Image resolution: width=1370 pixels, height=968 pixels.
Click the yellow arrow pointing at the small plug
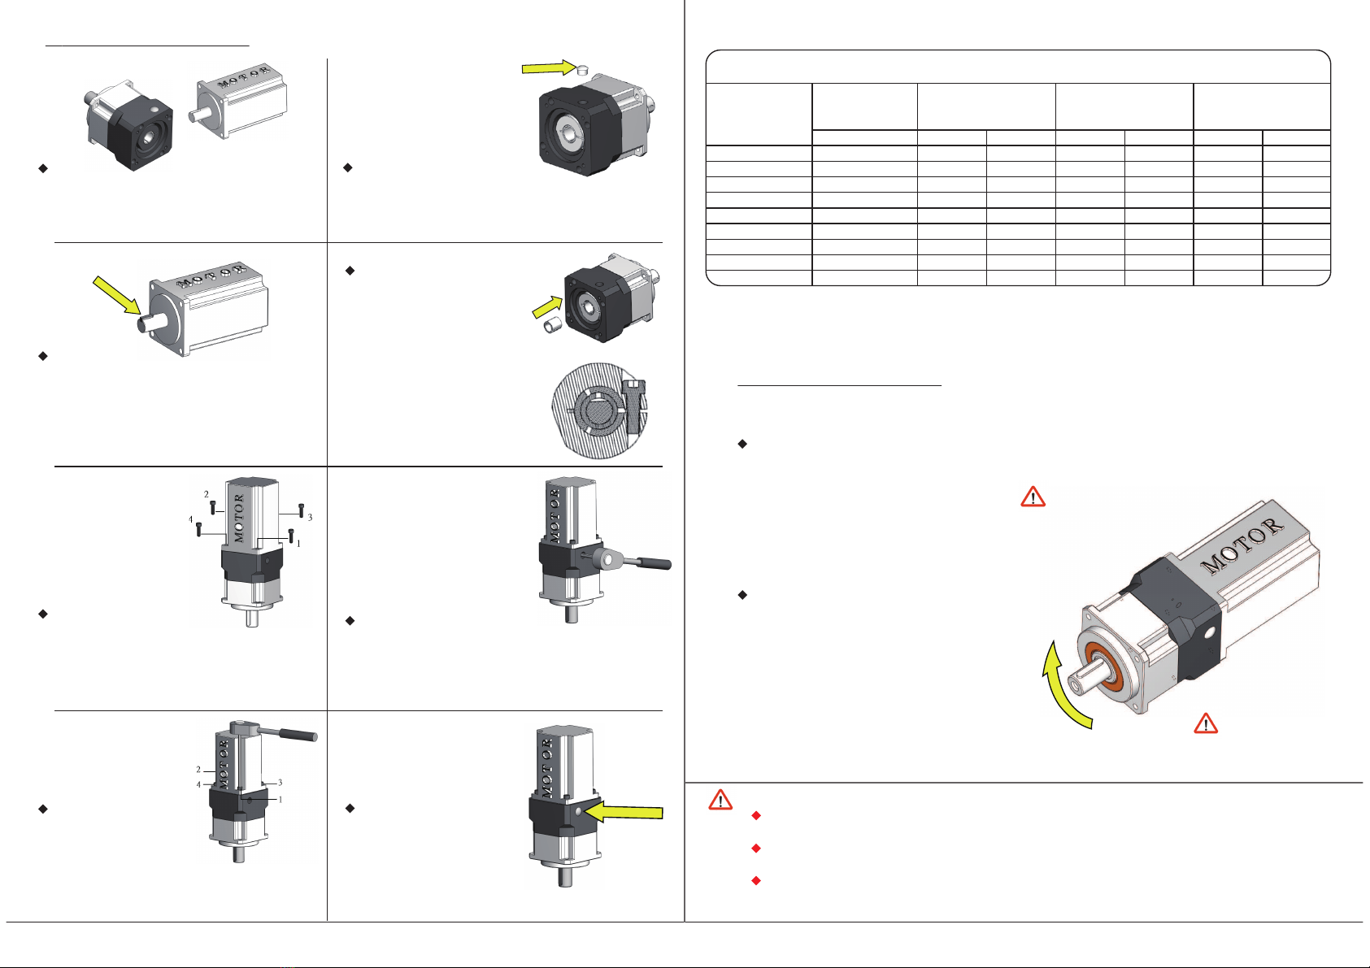pos(548,68)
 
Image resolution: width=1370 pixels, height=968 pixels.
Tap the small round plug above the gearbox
pos(583,71)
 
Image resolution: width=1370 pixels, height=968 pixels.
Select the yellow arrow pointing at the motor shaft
pos(117,295)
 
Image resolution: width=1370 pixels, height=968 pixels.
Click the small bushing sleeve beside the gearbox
pos(554,325)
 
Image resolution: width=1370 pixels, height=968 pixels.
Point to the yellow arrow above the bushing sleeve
pos(547,307)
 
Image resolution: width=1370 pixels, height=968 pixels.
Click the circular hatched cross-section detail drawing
pos(600,410)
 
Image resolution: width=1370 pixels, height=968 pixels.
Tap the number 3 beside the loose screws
pos(310,518)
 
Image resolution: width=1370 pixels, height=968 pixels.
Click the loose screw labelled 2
pos(212,507)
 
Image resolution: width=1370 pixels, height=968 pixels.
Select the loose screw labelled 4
pos(198,530)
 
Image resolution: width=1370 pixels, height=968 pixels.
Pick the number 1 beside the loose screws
pos(298,543)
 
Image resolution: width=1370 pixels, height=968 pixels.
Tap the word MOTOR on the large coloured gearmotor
pos(1242,546)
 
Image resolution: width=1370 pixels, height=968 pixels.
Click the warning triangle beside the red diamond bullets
pos(720,799)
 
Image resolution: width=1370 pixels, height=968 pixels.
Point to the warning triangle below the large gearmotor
pos(1206,723)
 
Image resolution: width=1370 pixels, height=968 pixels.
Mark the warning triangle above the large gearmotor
pos(1033,497)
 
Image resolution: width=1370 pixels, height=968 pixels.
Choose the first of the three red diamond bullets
pos(756,816)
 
